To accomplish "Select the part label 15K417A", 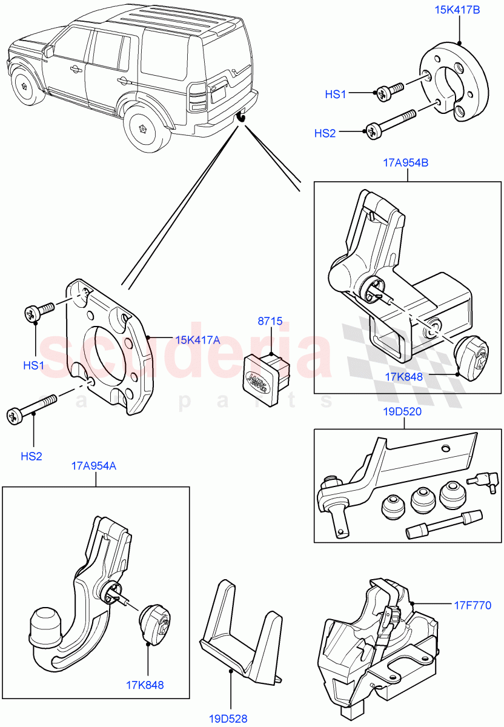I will pos(197,340).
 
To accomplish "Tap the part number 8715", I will pos(270,322).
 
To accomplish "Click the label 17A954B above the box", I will pos(406,162).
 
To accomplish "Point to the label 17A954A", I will pos(95,466).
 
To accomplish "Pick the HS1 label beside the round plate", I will pos(335,94).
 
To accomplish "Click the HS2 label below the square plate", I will pos(31,456).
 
